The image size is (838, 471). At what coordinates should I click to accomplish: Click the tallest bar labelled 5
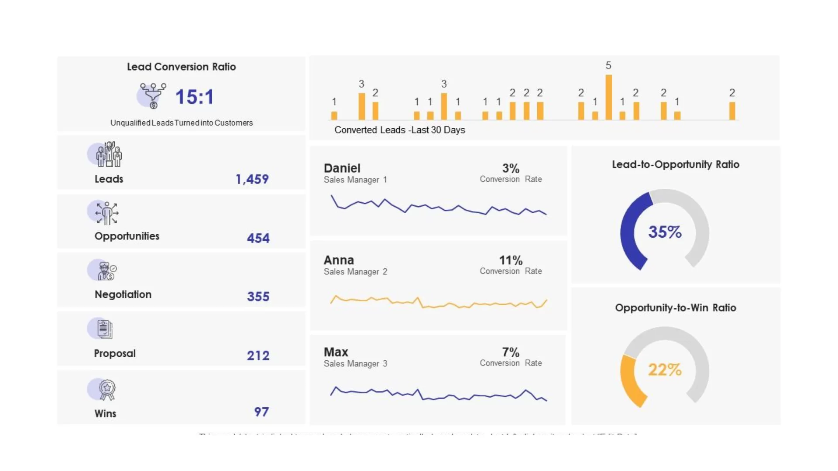pyautogui.click(x=608, y=97)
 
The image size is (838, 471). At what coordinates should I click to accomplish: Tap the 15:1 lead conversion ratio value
pyautogui.click(x=195, y=97)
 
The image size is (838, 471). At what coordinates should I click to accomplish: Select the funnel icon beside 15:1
pyautogui.click(x=152, y=96)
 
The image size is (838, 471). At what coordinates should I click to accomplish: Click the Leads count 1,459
pyautogui.click(x=252, y=179)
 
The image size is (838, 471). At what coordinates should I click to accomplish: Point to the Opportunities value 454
pyautogui.click(x=258, y=238)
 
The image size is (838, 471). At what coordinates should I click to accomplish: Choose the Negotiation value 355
pyautogui.click(x=258, y=297)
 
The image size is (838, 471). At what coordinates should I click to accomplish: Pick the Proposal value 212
pyautogui.click(x=258, y=355)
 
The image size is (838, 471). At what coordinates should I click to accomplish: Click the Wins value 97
pyautogui.click(x=261, y=412)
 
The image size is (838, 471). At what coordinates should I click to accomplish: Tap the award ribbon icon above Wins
pyautogui.click(x=106, y=389)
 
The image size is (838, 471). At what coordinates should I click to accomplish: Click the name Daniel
pyautogui.click(x=342, y=168)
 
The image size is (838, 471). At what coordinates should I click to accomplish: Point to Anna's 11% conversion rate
pyautogui.click(x=511, y=260)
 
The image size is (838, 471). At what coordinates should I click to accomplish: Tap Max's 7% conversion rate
pyautogui.click(x=511, y=352)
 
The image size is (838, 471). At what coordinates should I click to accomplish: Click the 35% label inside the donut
pyautogui.click(x=664, y=232)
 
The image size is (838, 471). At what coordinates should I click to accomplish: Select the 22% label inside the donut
pyautogui.click(x=664, y=370)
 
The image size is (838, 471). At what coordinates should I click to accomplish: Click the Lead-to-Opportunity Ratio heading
pyautogui.click(x=675, y=164)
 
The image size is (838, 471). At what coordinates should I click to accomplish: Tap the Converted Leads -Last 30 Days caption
pyautogui.click(x=399, y=130)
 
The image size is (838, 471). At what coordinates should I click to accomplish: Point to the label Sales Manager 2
pyautogui.click(x=355, y=272)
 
